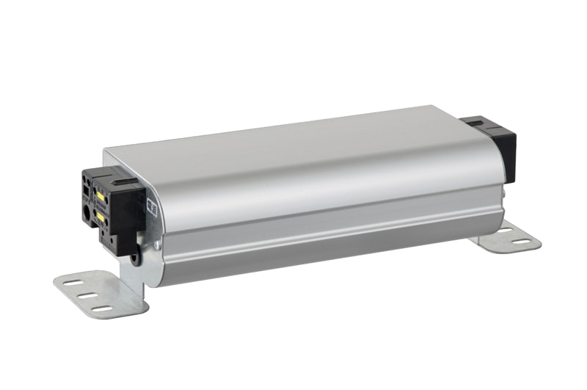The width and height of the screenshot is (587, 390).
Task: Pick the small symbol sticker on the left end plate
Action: pos(153,206)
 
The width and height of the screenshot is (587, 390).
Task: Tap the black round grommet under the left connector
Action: pos(136,258)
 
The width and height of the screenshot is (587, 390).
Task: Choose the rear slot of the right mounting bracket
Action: pos(504,230)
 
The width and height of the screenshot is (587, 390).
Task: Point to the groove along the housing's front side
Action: pos(330,225)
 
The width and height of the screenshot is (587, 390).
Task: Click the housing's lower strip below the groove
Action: pos(330,250)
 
